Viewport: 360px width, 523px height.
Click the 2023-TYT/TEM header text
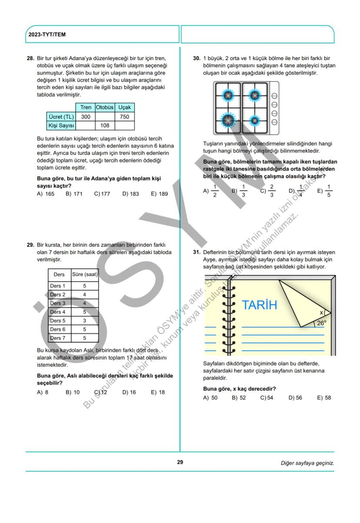pyautogui.click(x=47, y=34)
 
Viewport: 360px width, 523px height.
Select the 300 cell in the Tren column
pyautogui.click(x=86, y=117)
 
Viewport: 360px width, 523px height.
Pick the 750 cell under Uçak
pyautogui.click(x=124, y=117)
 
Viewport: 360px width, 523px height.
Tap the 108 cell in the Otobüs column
pyautogui.click(x=104, y=126)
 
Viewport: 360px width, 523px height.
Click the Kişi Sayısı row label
pyautogui.click(x=61, y=126)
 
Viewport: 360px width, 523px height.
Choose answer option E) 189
pyautogui.click(x=159, y=194)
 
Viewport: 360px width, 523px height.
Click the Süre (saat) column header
pyautogui.click(x=85, y=275)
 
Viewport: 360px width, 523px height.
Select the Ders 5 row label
pyautogui.click(x=58, y=321)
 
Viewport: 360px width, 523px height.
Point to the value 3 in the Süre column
pyautogui.click(x=84, y=321)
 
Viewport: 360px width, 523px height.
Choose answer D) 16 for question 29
pyautogui.click(x=129, y=392)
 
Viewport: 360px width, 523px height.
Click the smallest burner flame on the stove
pyautogui.click(x=255, y=120)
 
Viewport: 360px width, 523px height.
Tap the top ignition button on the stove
pyautogui.click(x=274, y=96)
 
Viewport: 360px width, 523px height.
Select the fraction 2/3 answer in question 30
pyautogui.click(x=269, y=191)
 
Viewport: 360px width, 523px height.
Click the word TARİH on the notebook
pyautogui.click(x=259, y=305)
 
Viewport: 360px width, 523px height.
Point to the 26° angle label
pyautogui.click(x=321, y=323)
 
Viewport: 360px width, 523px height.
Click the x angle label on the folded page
pyautogui.click(x=321, y=312)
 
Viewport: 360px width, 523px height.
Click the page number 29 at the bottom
pyautogui.click(x=180, y=462)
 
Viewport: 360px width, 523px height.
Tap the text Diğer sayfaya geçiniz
pyautogui.click(x=307, y=463)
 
